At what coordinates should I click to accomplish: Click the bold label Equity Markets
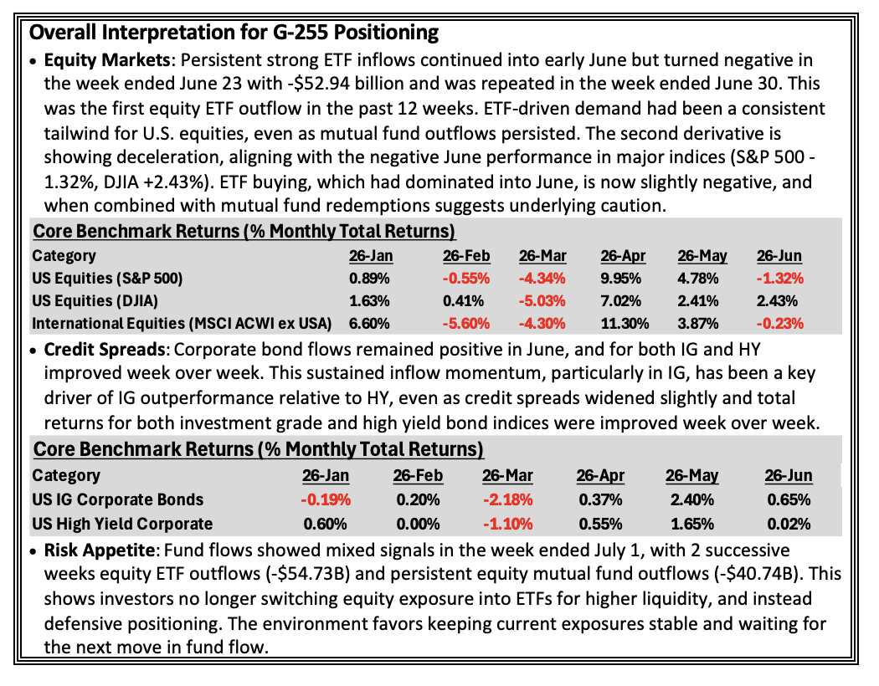pos(107,60)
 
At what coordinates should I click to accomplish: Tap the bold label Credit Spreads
pos(105,350)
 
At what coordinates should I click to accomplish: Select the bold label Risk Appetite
pos(100,550)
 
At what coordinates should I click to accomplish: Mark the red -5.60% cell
pos(465,324)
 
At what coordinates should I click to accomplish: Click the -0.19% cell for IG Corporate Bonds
pos(326,499)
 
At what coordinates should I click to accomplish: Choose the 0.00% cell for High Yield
pos(418,525)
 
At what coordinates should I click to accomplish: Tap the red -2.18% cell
pos(507,499)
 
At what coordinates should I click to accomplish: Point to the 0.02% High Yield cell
pos(789,525)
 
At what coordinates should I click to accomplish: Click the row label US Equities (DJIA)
pos(95,301)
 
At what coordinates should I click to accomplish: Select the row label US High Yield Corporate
pos(122,525)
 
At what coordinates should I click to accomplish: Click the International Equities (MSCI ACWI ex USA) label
pos(182,324)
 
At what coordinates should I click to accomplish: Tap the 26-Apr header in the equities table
pos(623,256)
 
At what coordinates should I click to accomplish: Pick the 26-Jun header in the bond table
pos(789,475)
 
